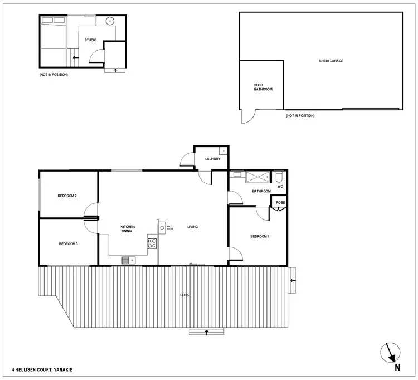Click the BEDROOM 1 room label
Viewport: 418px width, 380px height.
(x=260, y=237)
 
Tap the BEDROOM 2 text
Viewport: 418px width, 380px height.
(x=67, y=196)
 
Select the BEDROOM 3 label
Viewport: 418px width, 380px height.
(x=68, y=244)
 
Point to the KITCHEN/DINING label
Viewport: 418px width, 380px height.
(x=128, y=228)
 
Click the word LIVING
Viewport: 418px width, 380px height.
(x=192, y=227)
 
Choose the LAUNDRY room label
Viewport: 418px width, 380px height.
(x=212, y=159)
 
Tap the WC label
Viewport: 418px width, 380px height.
(x=280, y=187)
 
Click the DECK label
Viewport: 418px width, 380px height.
(x=184, y=295)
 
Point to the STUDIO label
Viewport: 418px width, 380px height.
(x=90, y=40)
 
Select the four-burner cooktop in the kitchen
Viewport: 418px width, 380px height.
(x=151, y=243)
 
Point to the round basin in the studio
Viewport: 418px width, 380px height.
(x=110, y=21)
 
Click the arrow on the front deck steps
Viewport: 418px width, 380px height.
(x=207, y=333)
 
